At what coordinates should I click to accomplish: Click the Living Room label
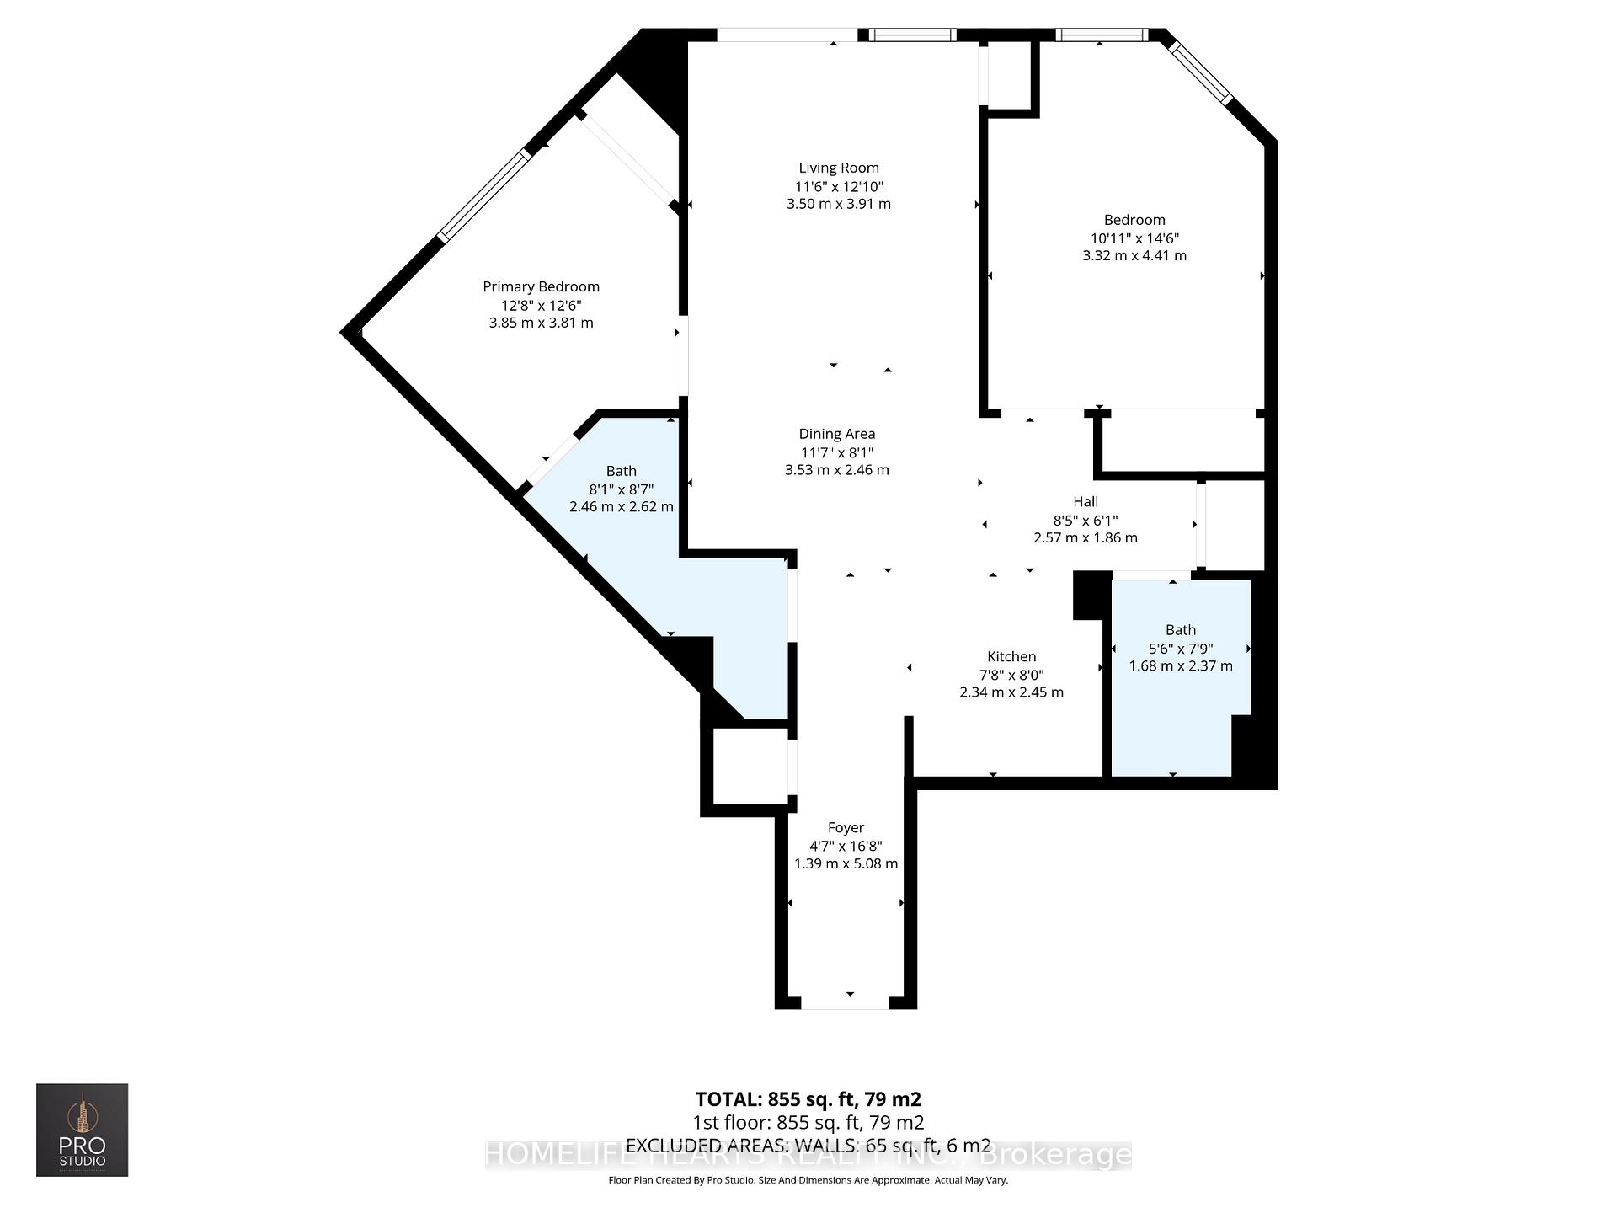838,168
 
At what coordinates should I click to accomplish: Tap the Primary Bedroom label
541,286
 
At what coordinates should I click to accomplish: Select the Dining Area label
836,434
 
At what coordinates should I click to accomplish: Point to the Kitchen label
1011,656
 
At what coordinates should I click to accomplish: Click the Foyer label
846,827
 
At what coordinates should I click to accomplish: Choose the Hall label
1085,501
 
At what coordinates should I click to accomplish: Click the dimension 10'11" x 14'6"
1134,238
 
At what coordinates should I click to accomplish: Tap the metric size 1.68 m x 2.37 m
1180,665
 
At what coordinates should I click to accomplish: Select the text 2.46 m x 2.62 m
621,506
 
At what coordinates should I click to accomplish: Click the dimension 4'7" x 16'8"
846,846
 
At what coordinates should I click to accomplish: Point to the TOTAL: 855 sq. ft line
808,1099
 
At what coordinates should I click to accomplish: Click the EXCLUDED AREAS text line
808,1145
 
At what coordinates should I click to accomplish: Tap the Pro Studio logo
82,1130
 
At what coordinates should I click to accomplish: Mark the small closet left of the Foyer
750,766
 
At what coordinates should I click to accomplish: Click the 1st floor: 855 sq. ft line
808,1122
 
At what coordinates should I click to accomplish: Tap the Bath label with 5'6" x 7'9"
1180,629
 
